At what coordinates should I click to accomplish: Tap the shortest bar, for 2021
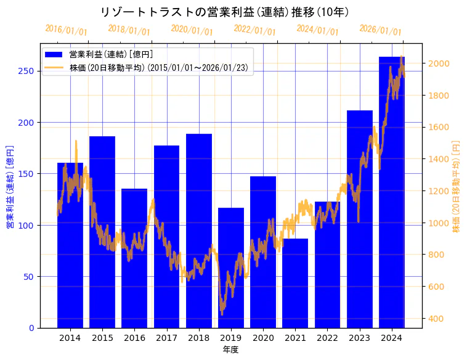(x=295, y=283)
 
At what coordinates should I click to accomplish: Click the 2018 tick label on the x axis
(x=198, y=338)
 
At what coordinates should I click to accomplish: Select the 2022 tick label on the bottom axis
(x=327, y=338)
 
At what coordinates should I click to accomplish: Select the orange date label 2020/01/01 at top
(x=192, y=30)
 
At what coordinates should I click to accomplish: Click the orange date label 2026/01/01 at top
(x=380, y=30)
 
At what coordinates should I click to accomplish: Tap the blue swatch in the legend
(x=55, y=55)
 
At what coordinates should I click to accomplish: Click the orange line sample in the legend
(x=55, y=68)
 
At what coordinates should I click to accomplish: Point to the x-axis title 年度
(x=231, y=350)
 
